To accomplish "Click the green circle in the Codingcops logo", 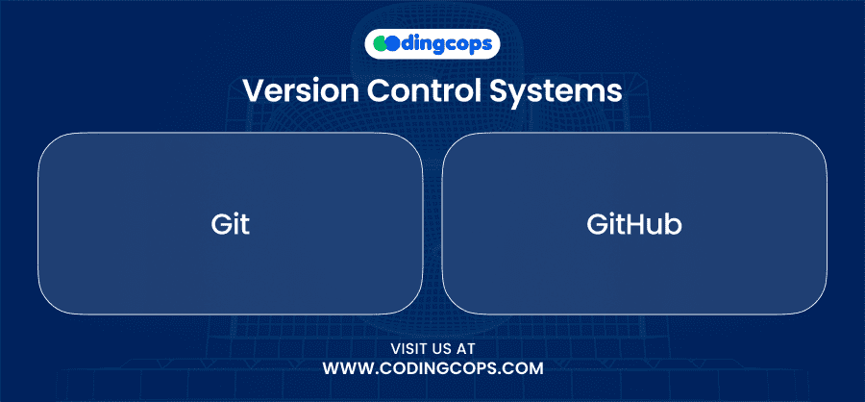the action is coord(380,44).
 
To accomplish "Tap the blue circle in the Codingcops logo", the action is coord(392,44).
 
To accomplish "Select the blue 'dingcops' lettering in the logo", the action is coord(446,44).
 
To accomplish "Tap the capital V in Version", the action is coord(255,90).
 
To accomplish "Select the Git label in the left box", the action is coord(230,225).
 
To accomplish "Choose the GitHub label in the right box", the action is coord(634,225).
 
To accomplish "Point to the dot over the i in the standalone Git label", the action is coord(235,215).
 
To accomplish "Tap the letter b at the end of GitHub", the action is coord(674,225).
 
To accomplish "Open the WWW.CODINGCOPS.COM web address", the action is coord(433,368).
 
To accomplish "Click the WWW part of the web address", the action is coord(345,368).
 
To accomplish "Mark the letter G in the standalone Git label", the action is coord(221,225).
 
